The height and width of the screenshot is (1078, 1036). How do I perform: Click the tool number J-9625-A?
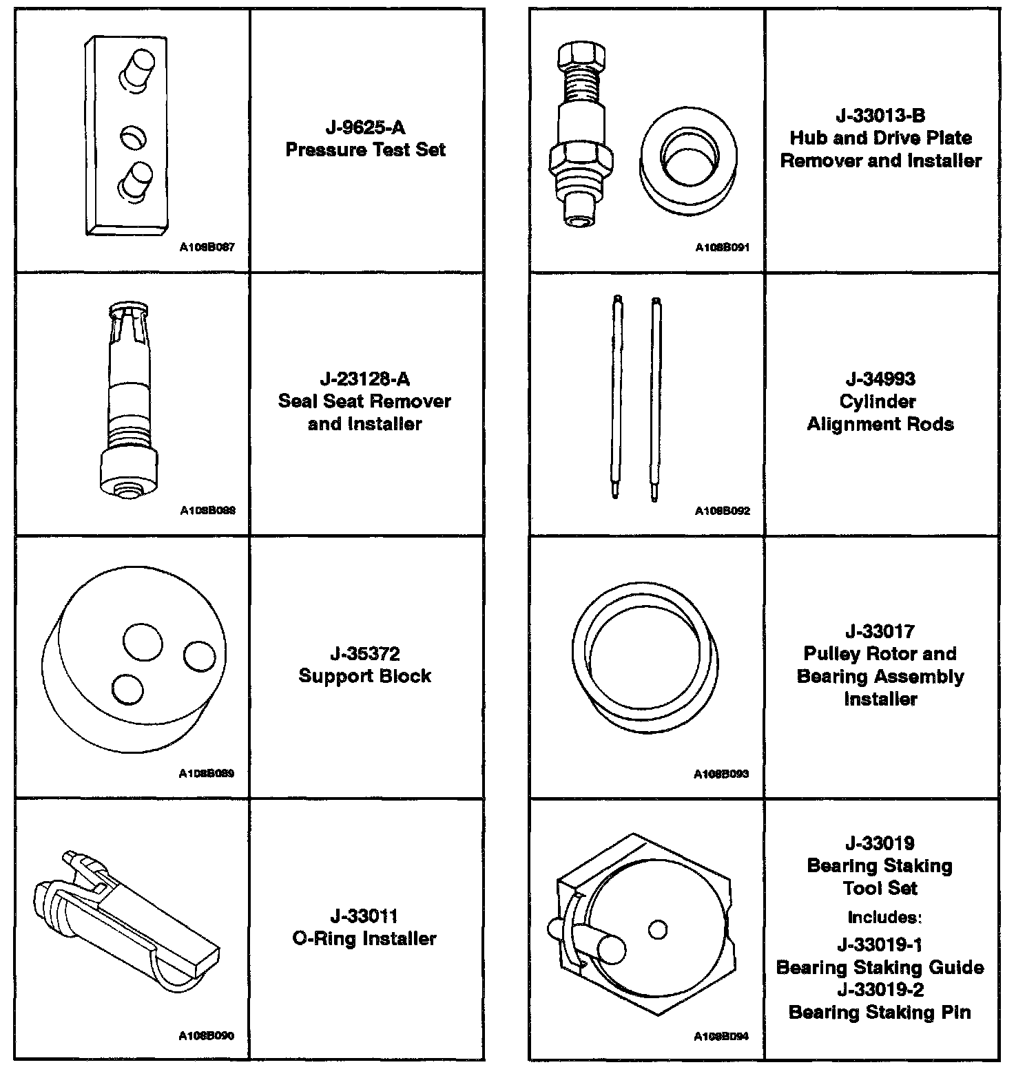point(365,127)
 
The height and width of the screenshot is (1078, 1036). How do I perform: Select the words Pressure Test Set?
point(365,150)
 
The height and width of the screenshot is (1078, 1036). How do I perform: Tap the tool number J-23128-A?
point(364,379)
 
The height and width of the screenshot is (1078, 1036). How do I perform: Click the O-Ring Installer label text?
point(364,939)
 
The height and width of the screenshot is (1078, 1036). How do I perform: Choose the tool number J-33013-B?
point(880,116)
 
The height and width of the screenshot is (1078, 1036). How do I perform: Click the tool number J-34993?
point(880,379)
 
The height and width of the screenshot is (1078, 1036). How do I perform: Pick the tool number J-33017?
point(880,631)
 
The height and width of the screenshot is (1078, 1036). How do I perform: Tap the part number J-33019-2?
point(880,990)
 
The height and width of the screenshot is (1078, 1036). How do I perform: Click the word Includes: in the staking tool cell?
point(884,917)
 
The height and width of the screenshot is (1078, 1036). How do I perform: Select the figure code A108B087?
point(207,247)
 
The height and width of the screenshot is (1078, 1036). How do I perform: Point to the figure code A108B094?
point(721,1036)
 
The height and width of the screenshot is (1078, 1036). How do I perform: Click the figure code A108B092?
point(722,511)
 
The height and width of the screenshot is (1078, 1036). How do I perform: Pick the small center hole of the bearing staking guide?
point(658,930)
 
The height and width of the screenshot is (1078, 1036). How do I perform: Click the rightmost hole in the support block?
point(200,656)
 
